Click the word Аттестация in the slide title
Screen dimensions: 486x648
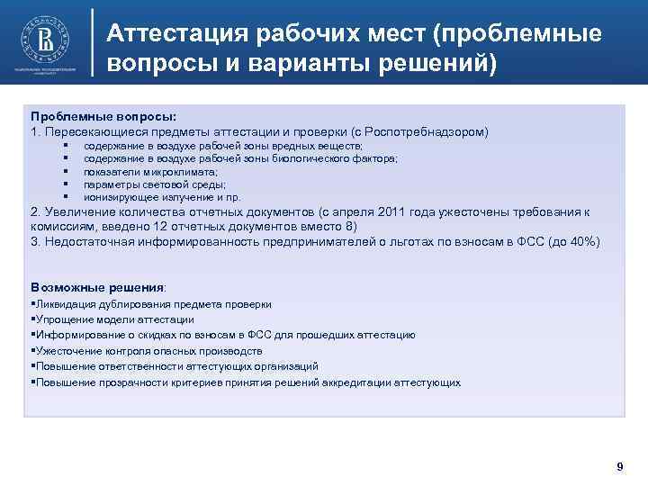pyautogui.click(x=177, y=34)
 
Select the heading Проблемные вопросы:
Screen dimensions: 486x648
pyautogui.click(x=103, y=117)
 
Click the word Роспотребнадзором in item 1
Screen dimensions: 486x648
pyautogui.click(x=427, y=131)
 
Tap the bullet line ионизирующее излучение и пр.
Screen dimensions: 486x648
pyautogui.click(x=162, y=196)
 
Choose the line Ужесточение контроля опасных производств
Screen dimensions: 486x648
pyautogui.click(x=148, y=351)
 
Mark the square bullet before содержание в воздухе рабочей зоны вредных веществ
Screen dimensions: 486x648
pyautogui.click(x=67, y=145)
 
